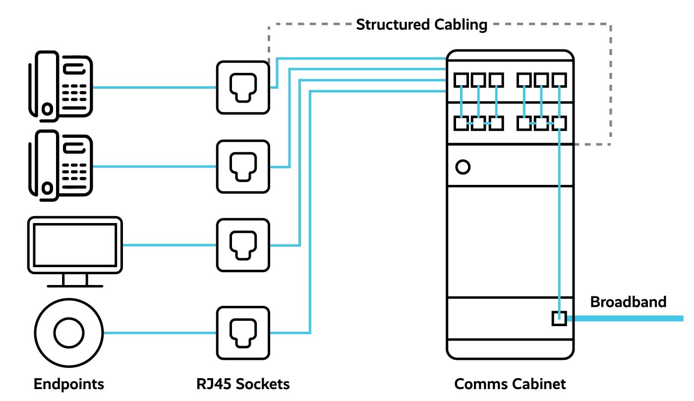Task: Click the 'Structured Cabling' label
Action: click(x=421, y=24)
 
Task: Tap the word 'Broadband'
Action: click(x=628, y=302)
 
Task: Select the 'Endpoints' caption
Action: click(x=69, y=384)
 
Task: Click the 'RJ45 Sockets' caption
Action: click(x=243, y=384)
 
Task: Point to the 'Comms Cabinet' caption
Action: click(x=510, y=384)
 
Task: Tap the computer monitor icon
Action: click(x=74, y=245)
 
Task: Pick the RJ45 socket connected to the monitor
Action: click(x=243, y=245)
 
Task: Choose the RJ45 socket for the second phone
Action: click(x=243, y=167)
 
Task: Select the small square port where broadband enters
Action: click(x=559, y=318)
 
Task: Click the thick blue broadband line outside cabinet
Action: click(x=630, y=318)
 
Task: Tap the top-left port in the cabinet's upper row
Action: click(x=462, y=79)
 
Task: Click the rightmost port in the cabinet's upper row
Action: click(x=559, y=79)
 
